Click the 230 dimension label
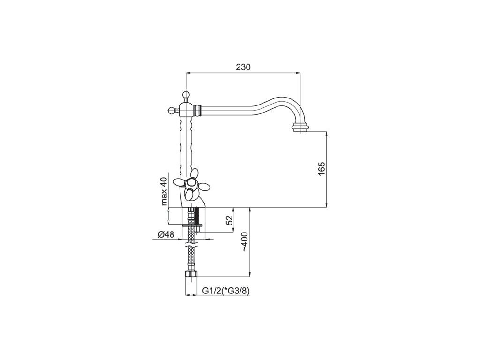pyautogui.click(x=243, y=67)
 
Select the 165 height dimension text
pyautogui.click(x=322, y=168)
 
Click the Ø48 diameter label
pyautogui.click(x=166, y=234)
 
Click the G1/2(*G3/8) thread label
pyautogui.click(x=226, y=291)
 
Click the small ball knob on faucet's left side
pyautogui.click(x=172, y=109)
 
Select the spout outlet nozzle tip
pyautogui.click(x=300, y=127)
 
